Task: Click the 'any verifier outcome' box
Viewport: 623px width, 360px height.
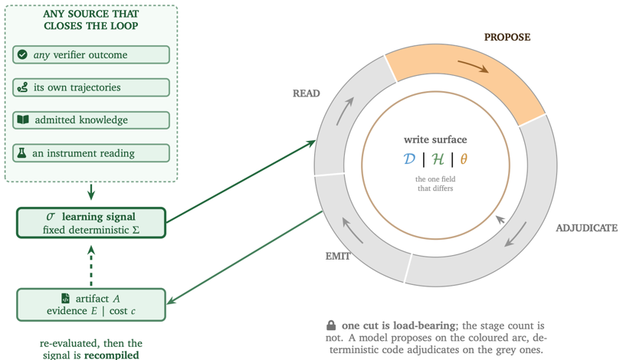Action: click(x=91, y=55)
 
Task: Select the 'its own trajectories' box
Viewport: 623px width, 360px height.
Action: click(x=91, y=87)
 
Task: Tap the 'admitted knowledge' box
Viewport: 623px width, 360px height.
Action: click(x=91, y=120)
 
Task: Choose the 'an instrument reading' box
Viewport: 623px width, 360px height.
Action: click(x=91, y=153)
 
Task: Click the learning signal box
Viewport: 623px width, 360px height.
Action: click(x=91, y=223)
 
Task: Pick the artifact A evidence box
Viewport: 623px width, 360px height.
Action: click(x=91, y=305)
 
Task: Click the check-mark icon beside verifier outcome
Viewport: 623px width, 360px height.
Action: click(x=23, y=54)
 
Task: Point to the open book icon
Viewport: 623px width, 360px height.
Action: click(x=23, y=119)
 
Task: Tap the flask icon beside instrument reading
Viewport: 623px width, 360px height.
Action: click(x=22, y=153)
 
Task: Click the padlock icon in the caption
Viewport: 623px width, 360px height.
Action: click(x=331, y=326)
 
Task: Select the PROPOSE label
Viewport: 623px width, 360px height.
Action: click(x=507, y=38)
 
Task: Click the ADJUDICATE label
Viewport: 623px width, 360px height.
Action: click(x=586, y=228)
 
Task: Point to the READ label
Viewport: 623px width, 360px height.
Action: click(x=307, y=93)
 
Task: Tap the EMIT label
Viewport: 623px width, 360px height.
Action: click(x=338, y=257)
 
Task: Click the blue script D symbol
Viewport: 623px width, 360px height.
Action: click(x=409, y=159)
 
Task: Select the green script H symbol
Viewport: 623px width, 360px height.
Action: click(x=438, y=159)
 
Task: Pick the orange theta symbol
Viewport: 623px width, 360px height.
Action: click(x=464, y=159)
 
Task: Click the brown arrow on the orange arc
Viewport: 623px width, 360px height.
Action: click(x=474, y=66)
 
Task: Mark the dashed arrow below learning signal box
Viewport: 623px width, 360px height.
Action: click(x=91, y=266)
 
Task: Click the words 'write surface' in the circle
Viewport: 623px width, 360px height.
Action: click(x=435, y=140)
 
